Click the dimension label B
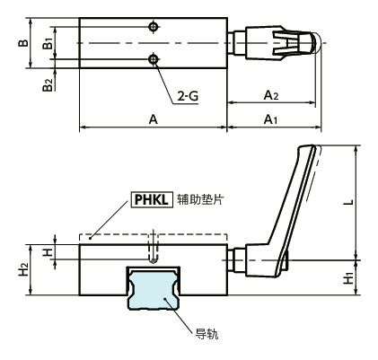[25, 42]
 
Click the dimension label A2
[271, 92]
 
